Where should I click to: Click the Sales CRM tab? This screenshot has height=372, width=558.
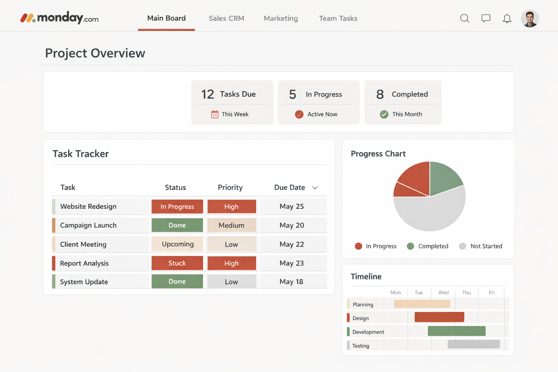[226, 19]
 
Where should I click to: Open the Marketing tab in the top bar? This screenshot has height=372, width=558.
[280, 19]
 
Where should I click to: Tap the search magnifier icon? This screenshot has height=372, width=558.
[465, 19]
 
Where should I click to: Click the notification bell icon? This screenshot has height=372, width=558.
[507, 19]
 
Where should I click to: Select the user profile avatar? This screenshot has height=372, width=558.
[530, 19]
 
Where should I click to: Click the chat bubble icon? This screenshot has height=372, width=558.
[486, 19]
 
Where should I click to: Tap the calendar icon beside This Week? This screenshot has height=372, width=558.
[215, 114]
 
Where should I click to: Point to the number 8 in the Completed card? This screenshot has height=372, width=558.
[380, 94]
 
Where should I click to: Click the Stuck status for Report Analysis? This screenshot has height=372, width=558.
[177, 263]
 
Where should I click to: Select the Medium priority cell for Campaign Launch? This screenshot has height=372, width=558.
[231, 225]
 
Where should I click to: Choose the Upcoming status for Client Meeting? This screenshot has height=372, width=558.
[177, 244]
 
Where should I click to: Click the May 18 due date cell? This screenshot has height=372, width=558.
[291, 282]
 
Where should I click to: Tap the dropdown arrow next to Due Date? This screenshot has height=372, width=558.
[315, 188]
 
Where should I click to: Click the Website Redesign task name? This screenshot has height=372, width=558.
[88, 206]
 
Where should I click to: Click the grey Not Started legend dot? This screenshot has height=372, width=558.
[462, 246]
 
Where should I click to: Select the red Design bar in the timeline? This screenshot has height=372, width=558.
[439, 317]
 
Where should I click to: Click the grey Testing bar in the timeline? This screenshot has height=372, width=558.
[473, 344]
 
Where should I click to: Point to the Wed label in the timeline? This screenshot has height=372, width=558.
[443, 292]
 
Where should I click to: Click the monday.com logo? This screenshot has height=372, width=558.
[59, 18]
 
